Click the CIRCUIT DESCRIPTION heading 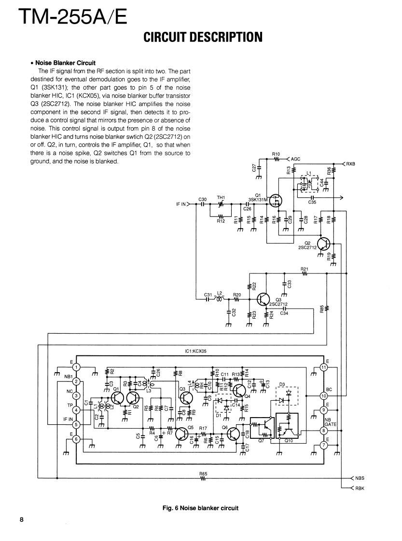click(x=203, y=37)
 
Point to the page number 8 click(x=22, y=519)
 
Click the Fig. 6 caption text click(x=200, y=508)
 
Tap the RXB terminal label click(x=350, y=164)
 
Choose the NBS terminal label click(x=359, y=479)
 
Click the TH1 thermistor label click(x=222, y=198)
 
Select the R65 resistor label click(x=203, y=474)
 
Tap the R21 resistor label click(x=304, y=269)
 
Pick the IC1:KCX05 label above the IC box click(x=196, y=352)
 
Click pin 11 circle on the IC click(x=324, y=367)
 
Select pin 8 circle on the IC click(x=324, y=431)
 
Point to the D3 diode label click(x=282, y=384)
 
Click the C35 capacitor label click(x=312, y=203)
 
